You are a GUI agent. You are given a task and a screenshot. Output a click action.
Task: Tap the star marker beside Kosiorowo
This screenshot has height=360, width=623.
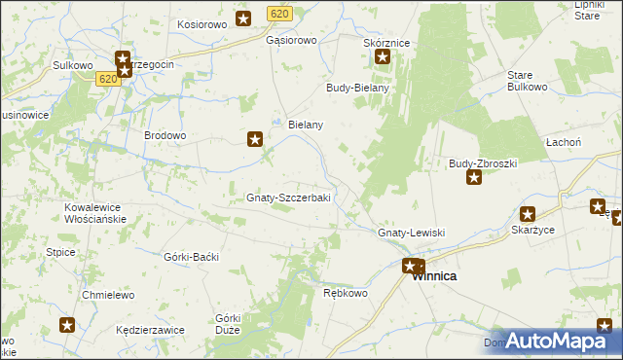pos(243,18)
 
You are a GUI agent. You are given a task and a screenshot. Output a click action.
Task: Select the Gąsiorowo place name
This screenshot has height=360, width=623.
pos(292,41)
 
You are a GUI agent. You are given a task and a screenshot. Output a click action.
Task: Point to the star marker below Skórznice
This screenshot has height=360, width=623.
pos(383,57)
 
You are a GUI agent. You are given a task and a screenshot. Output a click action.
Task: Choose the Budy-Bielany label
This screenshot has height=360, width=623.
pos(357,88)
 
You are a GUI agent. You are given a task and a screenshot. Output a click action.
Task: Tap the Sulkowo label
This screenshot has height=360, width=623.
pos(72,65)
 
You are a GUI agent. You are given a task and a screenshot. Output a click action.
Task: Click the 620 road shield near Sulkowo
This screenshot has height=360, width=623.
pos(108,80)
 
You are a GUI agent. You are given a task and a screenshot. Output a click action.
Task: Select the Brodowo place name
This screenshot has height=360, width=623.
pos(165,135)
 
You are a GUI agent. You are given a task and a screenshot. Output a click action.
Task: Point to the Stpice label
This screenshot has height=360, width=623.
pos(60,253)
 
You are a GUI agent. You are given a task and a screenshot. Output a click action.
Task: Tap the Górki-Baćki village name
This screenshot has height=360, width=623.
pos(192,256)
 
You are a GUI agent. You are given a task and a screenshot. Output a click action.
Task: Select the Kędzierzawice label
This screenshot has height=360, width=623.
pos(149,330)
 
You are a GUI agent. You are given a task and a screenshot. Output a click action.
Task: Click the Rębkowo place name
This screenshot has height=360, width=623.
pos(346,293)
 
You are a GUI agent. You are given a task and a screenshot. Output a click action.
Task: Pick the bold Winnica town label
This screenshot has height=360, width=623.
pos(434,276)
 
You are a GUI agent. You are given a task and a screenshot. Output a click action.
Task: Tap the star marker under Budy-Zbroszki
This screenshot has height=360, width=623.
pos(474,177)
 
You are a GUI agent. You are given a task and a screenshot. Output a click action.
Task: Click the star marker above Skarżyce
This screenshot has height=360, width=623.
pos(528,214)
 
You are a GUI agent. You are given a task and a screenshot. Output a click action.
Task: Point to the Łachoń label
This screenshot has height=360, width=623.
pos(590,142)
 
